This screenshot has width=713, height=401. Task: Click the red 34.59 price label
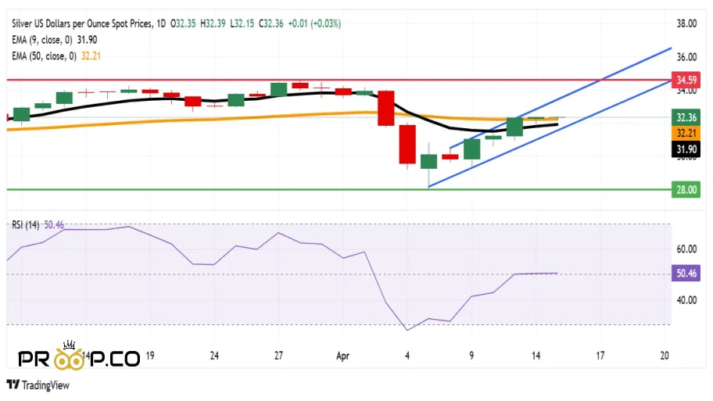(x=686, y=80)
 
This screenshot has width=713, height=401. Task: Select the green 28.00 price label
(x=686, y=189)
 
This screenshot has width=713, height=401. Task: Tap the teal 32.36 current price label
(x=686, y=117)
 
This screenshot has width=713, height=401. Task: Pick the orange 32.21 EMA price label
(x=686, y=134)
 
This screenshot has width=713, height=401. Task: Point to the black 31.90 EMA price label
(x=686, y=149)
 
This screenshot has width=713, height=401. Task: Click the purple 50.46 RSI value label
(x=686, y=274)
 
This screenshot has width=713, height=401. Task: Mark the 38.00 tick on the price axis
(x=686, y=23)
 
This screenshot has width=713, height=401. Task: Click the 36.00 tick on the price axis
(x=686, y=57)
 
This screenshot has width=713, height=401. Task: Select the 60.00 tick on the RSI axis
(x=686, y=249)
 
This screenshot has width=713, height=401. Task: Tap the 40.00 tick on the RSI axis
(x=686, y=300)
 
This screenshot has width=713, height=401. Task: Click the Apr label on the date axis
(x=343, y=355)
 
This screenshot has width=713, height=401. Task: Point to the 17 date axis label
(x=600, y=355)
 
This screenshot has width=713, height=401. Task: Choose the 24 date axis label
(x=214, y=355)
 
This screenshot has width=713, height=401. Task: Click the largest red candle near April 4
(x=407, y=145)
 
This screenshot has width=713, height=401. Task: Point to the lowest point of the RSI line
(x=407, y=330)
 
